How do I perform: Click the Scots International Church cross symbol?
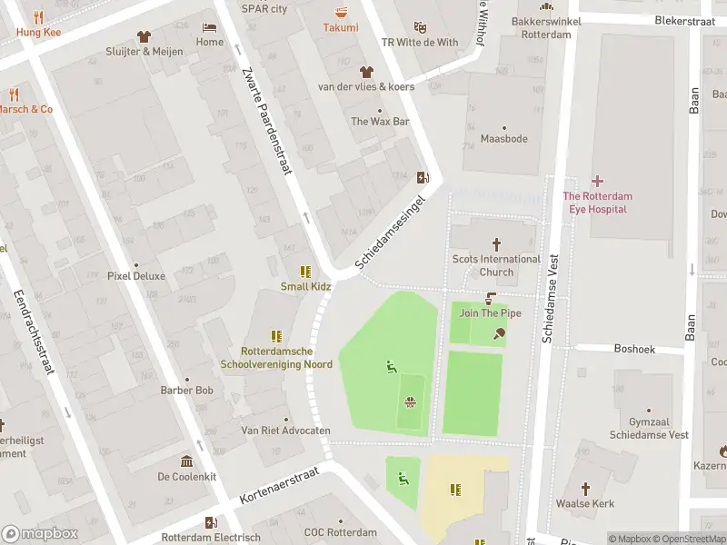pos(496,243)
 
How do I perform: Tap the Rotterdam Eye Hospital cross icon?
pos(597,181)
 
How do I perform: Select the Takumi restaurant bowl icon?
pos(341,13)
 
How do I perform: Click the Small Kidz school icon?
pos(305,272)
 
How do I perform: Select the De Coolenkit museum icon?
pos(186,461)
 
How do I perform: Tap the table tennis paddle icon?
pos(499,333)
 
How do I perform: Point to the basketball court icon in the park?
pos(411,401)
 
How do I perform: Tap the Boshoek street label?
pos(633,348)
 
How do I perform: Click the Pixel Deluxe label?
pos(136,276)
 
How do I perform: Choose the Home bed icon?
pos(210,27)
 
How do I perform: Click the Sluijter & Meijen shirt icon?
pos(144,36)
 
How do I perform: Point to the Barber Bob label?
pos(186,391)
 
